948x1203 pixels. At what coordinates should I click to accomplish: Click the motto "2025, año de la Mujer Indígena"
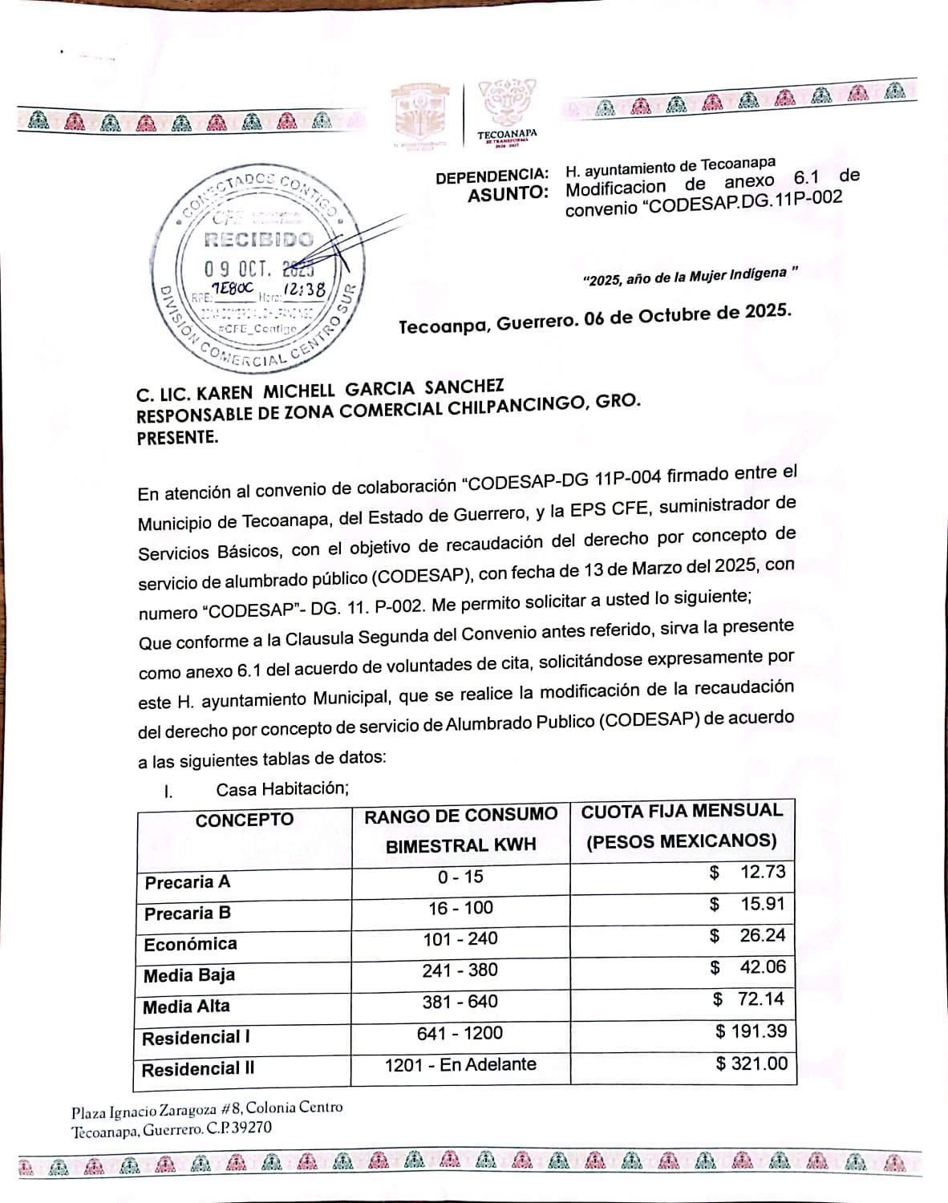691,277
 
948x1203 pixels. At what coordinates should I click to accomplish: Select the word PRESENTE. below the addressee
177,438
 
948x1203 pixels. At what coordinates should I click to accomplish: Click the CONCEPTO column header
245,820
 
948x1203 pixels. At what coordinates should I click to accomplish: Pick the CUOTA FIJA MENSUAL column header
682,811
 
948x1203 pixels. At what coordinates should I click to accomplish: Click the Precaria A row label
188,882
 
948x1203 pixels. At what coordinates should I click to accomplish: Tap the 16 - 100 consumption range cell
460,908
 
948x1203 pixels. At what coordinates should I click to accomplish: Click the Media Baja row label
189,976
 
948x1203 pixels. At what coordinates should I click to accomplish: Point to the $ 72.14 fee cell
749,999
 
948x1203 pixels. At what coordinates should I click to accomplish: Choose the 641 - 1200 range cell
460,1034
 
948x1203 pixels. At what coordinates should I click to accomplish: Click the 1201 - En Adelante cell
460,1065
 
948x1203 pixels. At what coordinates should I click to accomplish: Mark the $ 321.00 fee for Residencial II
752,1063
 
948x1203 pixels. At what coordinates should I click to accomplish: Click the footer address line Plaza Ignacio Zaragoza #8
207,1109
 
